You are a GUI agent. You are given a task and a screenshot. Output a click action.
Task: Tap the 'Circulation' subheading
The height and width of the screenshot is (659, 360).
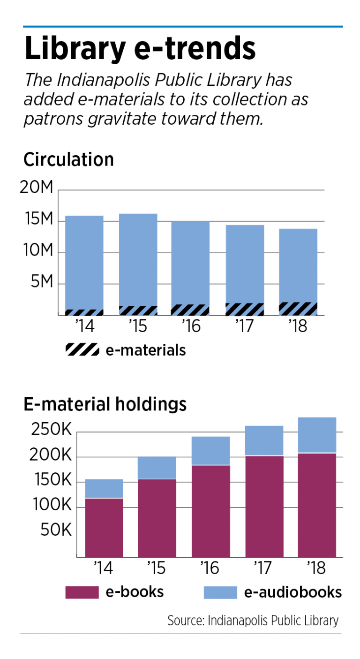pyautogui.click(x=68, y=160)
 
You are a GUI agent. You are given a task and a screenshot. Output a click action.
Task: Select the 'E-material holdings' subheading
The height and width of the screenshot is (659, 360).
pyautogui.click(x=105, y=404)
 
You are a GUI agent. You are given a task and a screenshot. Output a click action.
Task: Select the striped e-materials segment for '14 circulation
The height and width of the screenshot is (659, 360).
pyautogui.click(x=84, y=312)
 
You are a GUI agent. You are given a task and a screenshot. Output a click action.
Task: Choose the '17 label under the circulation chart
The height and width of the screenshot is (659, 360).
pyautogui.click(x=244, y=326)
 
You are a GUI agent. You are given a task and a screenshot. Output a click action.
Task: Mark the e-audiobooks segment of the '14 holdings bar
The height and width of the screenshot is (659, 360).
pyautogui.click(x=104, y=489)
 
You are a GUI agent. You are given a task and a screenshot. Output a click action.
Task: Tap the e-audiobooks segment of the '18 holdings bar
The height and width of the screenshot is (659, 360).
pyautogui.click(x=317, y=435)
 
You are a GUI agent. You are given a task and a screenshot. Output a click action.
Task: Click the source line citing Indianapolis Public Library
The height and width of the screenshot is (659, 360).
pyautogui.click(x=253, y=621)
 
